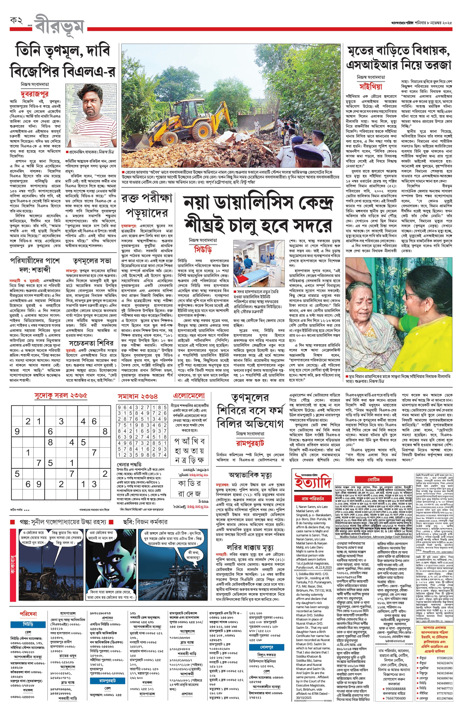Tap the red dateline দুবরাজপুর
(x=34, y=94)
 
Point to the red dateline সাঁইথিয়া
(x=371, y=87)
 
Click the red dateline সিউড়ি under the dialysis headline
(x=203, y=250)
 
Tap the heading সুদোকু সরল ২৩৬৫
(x=61, y=395)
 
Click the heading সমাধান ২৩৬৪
(x=138, y=397)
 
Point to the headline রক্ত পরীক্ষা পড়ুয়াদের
(x=147, y=206)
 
